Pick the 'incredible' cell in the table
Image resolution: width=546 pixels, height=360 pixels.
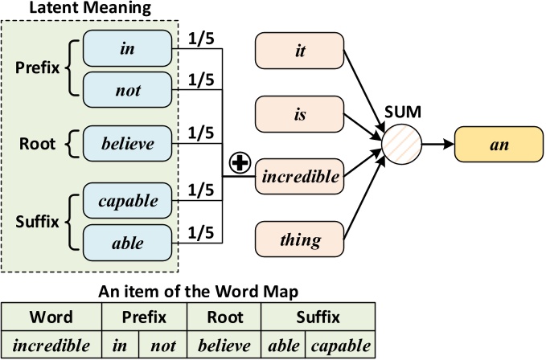[x=52, y=346]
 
